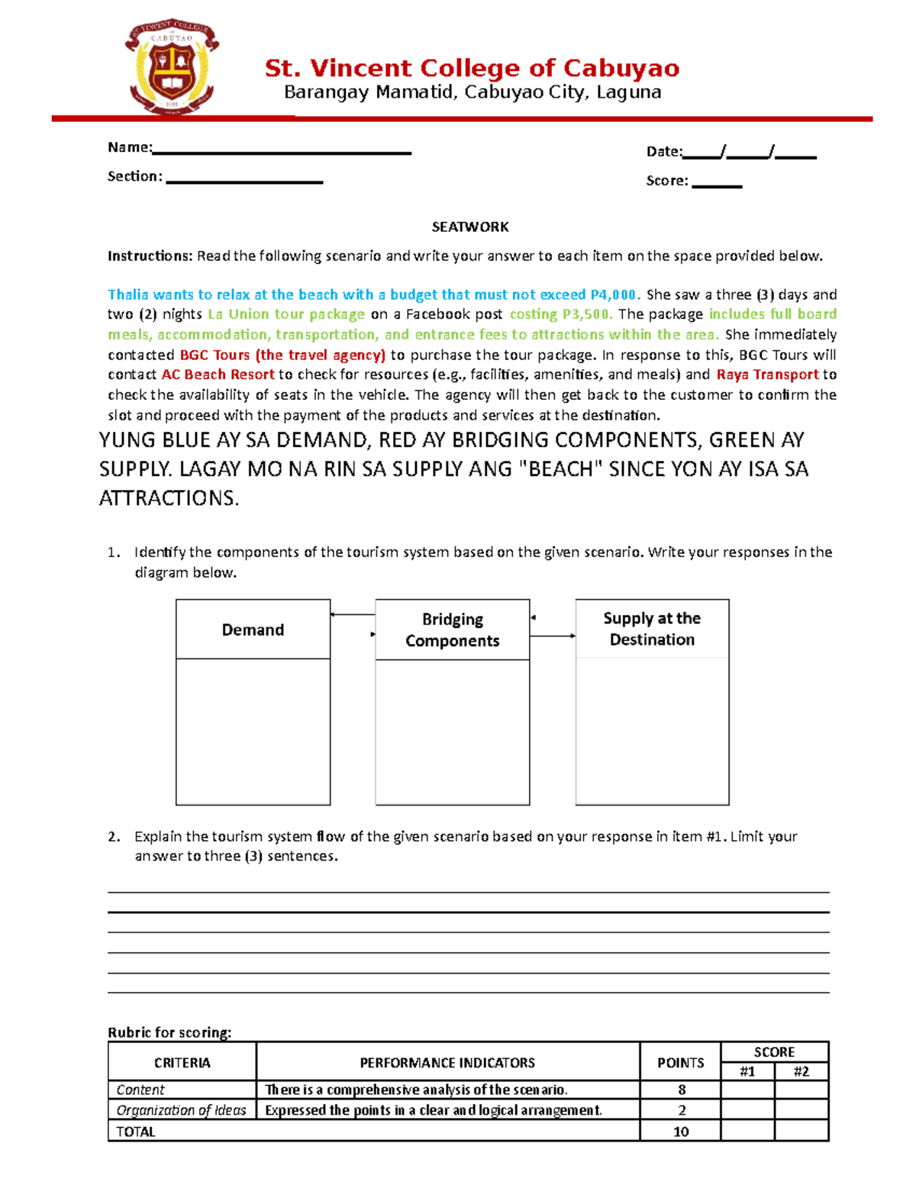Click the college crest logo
pyautogui.click(x=172, y=67)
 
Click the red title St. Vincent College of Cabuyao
pyautogui.click(x=472, y=68)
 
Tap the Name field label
pyautogui.click(x=130, y=147)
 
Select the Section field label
pyautogui.click(x=134, y=176)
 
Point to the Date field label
pyautogui.click(x=663, y=151)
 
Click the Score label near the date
pyautogui.click(x=666, y=181)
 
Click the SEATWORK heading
pyautogui.click(x=470, y=227)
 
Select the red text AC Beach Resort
pyautogui.click(x=218, y=375)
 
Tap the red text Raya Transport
pyautogui.click(x=767, y=375)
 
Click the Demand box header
pyautogui.click(x=253, y=630)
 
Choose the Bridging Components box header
pyautogui.click(x=452, y=630)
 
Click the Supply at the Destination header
pyautogui.click(x=652, y=629)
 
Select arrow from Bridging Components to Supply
pyautogui.click(x=553, y=636)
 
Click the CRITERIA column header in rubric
pyautogui.click(x=182, y=1062)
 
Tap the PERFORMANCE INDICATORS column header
pyautogui.click(x=447, y=1062)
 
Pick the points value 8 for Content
pyautogui.click(x=681, y=1090)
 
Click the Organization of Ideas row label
pyautogui.click(x=181, y=1110)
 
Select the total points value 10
pyautogui.click(x=681, y=1132)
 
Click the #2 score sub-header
pyautogui.click(x=801, y=1071)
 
